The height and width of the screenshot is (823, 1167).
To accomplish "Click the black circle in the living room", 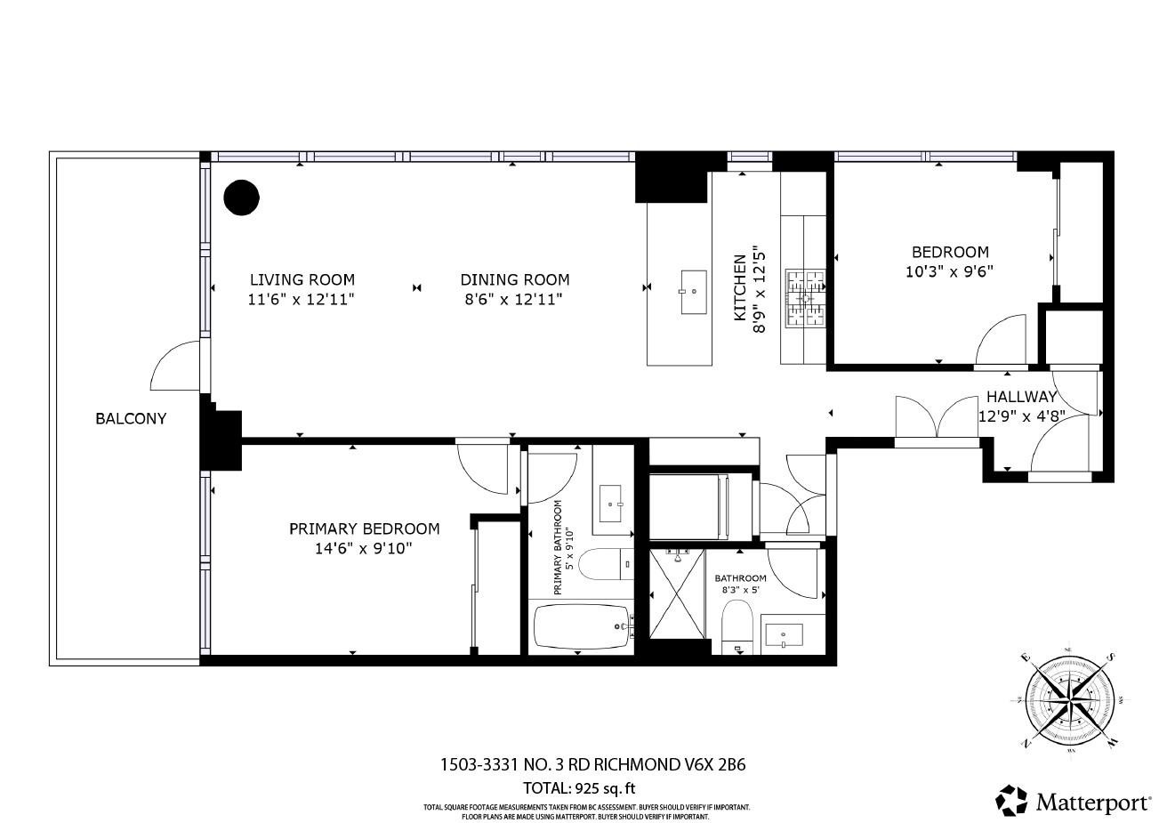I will point(240,198).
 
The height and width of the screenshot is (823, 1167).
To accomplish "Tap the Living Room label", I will point(302,279).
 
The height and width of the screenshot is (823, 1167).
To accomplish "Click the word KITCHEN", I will point(739,287).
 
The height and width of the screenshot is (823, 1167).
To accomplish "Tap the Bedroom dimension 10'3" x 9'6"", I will point(948,272).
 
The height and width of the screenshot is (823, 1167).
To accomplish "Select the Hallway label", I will point(1021,398).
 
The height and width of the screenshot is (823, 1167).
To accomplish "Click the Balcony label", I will point(131,418).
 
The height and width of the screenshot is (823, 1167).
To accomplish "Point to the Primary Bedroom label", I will point(364,528).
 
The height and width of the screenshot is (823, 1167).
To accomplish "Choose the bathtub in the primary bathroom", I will point(583,628).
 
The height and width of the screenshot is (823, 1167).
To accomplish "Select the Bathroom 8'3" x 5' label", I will point(740,583).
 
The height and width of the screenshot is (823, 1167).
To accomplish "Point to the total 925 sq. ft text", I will point(579,787).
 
